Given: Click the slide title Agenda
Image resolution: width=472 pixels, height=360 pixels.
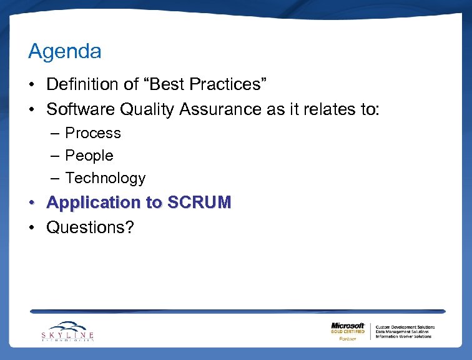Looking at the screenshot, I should coord(64,52).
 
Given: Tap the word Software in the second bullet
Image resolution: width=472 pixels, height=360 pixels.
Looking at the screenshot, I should coord(81,109).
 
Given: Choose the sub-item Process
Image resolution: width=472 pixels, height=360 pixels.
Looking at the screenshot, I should coord(93,133).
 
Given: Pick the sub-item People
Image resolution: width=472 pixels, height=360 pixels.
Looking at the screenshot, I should coord(89,156).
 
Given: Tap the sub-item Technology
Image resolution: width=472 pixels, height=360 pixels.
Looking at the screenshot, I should coord(105,178).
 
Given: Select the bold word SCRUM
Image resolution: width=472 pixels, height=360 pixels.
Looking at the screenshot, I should coord(198,202).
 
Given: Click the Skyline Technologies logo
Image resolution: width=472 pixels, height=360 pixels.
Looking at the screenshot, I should coord(68,331).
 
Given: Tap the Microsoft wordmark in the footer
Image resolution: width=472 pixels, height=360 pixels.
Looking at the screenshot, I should coord(348,326).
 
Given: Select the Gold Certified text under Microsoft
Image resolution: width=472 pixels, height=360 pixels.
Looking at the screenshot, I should coord(348,332).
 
